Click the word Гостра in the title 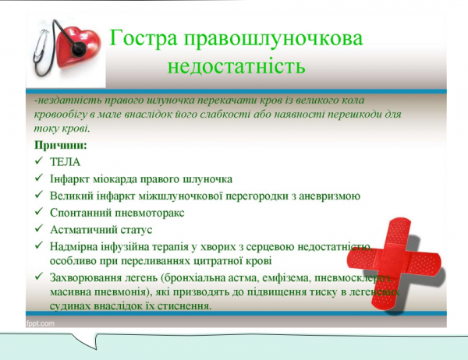pyautogui.click(x=141, y=39)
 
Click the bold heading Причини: pyautogui.click(x=60, y=145)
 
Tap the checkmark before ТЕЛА pyautogui.click(x=39, y=161)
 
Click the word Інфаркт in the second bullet pyautogui.click(x=69, y=178)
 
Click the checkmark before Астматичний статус pyautogui.click(x=39, y=230)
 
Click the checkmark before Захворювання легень pyautogui.click(x=39, y=278)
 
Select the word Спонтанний pyautogui.click(x=80, y=213)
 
